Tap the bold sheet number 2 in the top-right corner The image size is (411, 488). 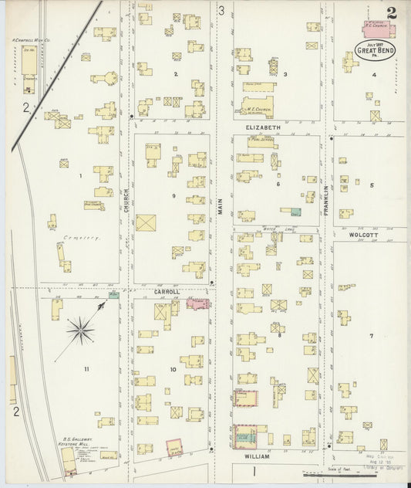point(392,13)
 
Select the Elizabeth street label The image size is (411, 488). point(264,127)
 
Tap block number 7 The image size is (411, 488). point(371,336)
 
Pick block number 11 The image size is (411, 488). point(86,369)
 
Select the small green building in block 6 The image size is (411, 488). point(295,210)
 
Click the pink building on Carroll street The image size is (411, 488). point(198,304)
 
